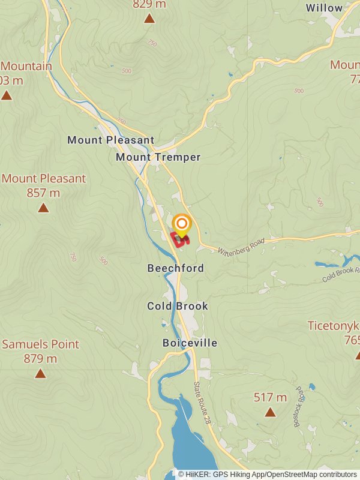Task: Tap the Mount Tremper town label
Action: [x=158, y=157]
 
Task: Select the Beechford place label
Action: [x=176, y=268]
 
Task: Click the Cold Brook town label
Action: [x=178, y=306]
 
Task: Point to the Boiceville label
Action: [x=190, y=343]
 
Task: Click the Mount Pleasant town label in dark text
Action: [x=110, y=140]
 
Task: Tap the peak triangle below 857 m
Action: [x=43, y=208]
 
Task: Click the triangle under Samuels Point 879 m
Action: [x=40, y=374]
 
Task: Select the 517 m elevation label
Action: [x=270, y=397]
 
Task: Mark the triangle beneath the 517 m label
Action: [x=270, y=412]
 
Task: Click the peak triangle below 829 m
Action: [x=149, y=19]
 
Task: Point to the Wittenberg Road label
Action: [x=241, y=244]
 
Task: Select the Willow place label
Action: [x=324, y=8]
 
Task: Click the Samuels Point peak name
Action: [x=40, y=344]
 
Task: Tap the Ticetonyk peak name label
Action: [x=334, y=326]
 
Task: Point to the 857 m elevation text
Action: [x=43, y=193]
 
